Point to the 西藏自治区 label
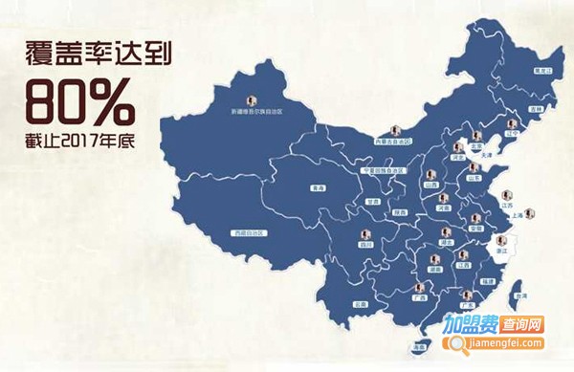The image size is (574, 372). [x=250, y=234]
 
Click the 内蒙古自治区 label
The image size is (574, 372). [x=394, y=142]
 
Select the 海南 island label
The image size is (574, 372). [x=419, y=346]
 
